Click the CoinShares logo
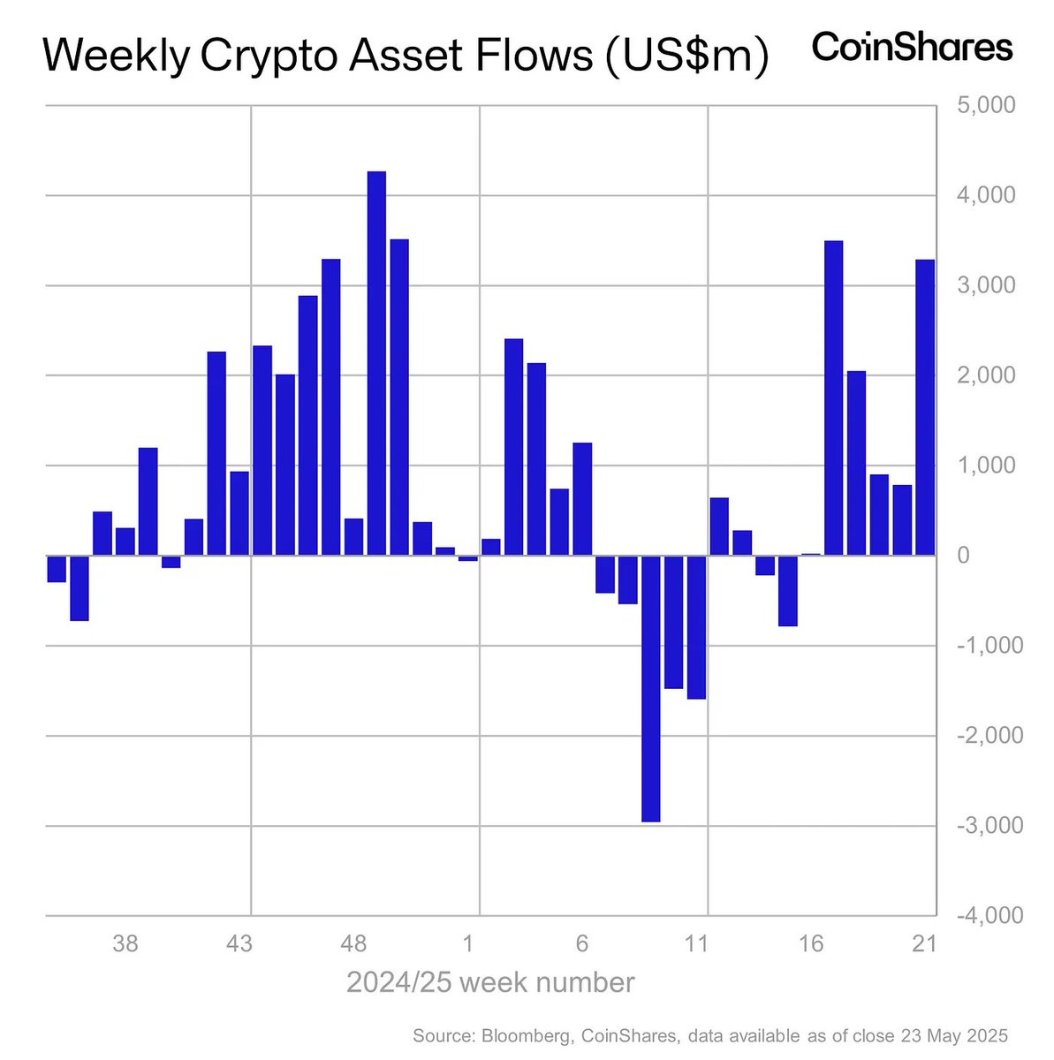pos(912,48)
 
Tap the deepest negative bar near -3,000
pos(650,688)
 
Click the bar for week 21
pos(925,407)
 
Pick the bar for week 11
pos(696,627)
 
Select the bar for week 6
pos(582,499)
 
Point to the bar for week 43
pos(239,513)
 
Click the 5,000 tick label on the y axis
pos(986,106)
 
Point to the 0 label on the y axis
pos(963,556)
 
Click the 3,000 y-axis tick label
pos(986,285)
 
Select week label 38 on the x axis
pos(125,944)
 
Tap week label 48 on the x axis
pos(353,944)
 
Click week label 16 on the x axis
pos(811,944)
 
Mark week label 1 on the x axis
pos(468,944)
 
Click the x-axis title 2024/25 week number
pos(490,982)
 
